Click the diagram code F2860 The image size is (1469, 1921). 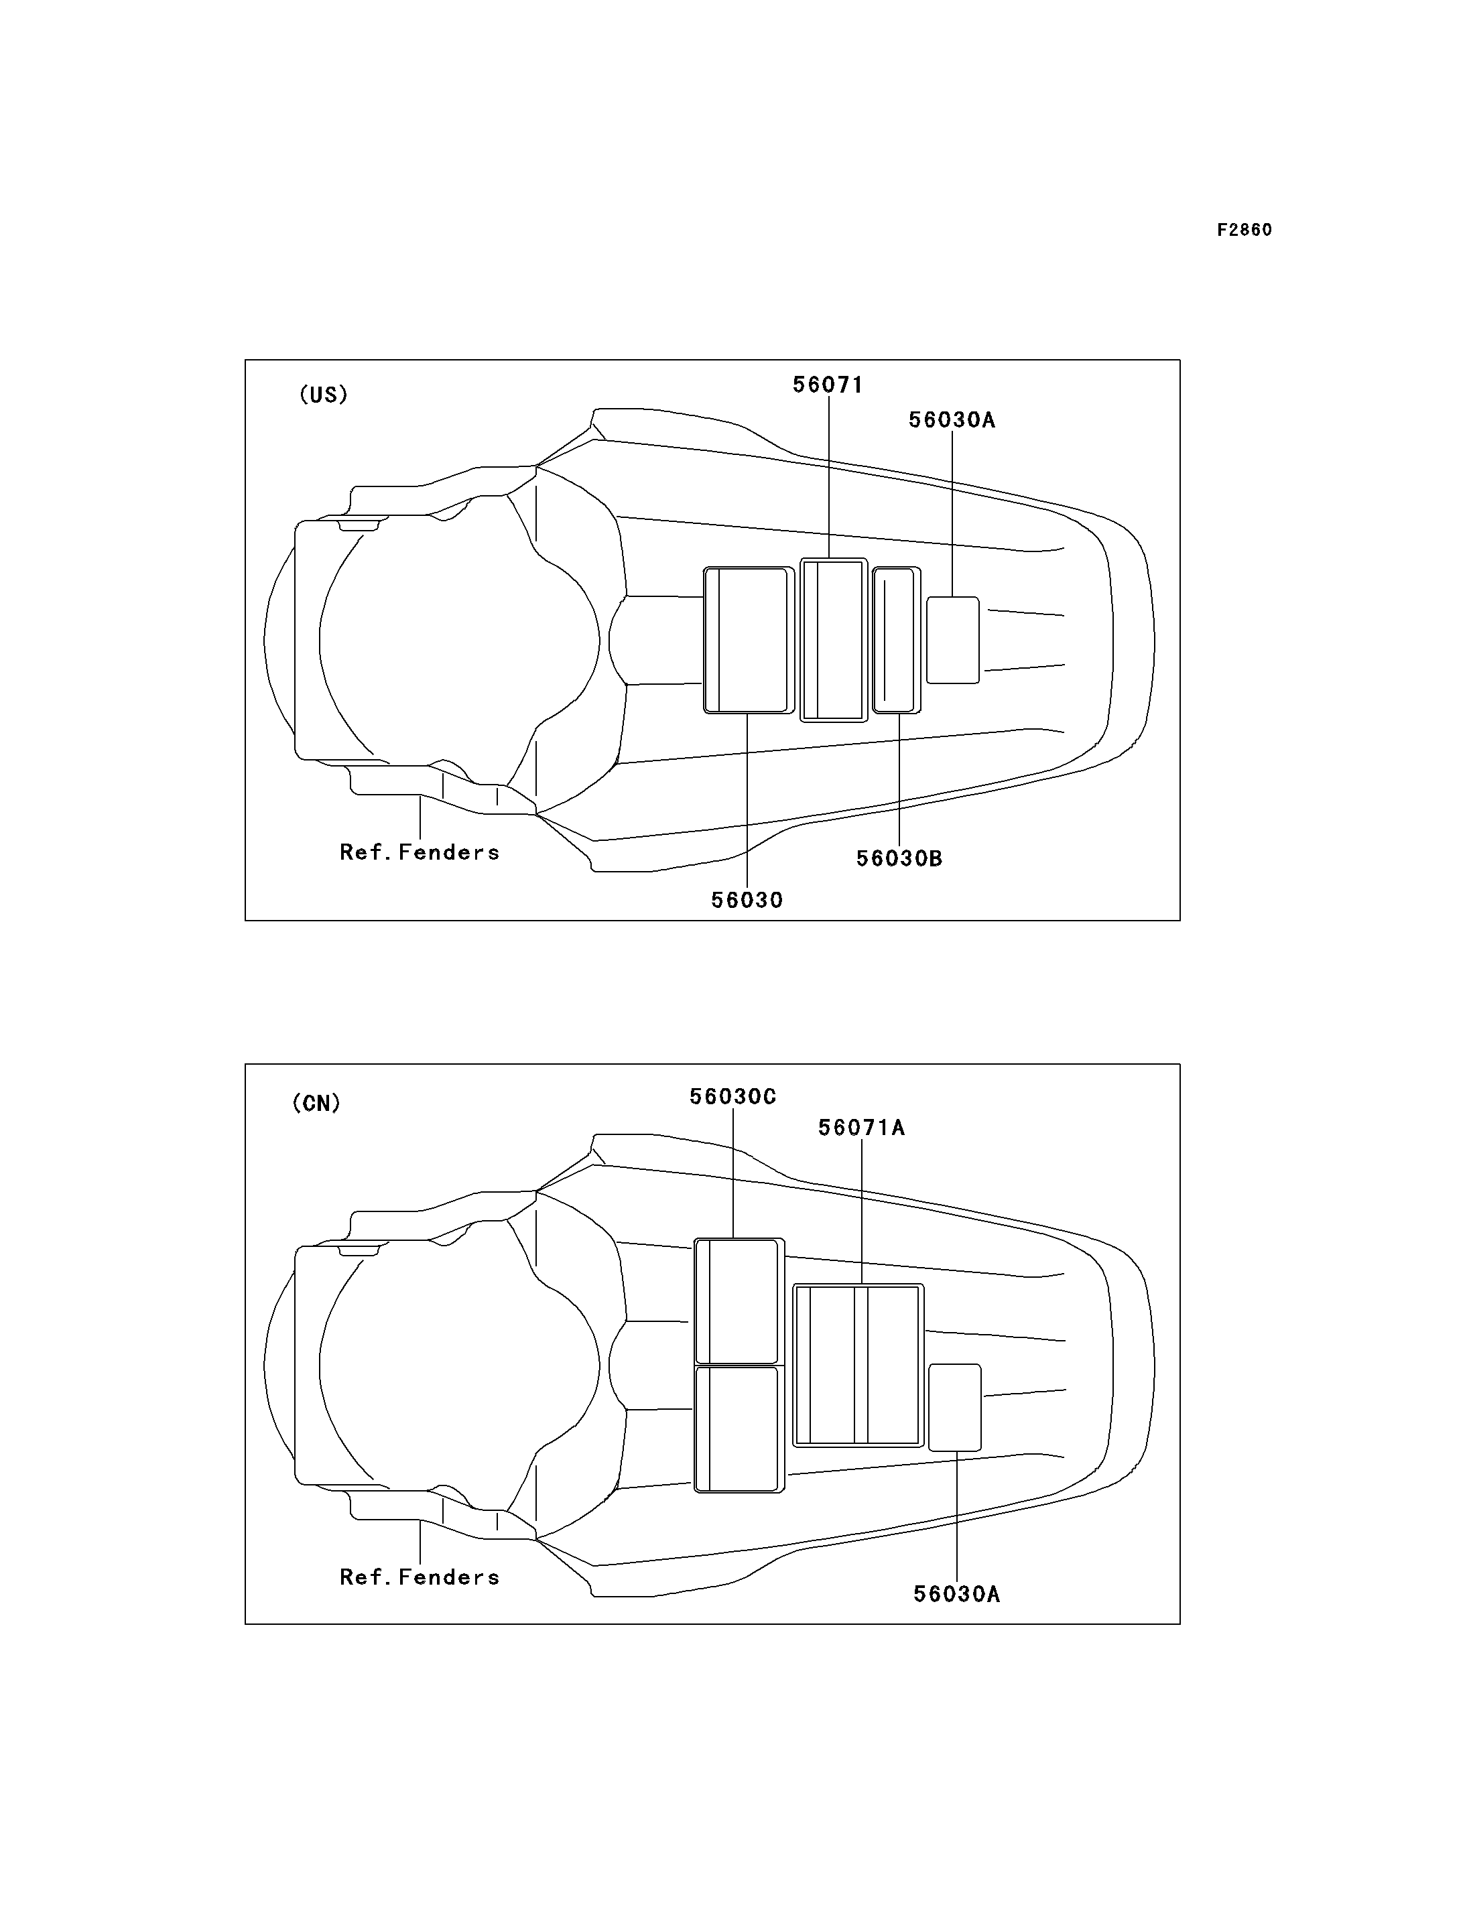tap(1244, 230)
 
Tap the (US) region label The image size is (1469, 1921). tap(324, 395)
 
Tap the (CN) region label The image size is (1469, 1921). tap(316, 1103)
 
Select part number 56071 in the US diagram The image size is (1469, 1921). tap(827, 385)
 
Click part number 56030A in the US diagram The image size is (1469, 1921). tap(952, 419)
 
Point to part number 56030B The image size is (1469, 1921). tap(899, 858)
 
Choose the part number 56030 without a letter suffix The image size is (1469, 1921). tap(747, 900)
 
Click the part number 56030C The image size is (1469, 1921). tap(732, 1096)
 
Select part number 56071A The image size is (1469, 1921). tap(861, 1128)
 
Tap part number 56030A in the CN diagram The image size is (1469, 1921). tap(956, 1594)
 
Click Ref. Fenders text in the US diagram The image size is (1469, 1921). tap(420, 852)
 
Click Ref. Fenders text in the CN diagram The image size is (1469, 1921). tap(420, 1577)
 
